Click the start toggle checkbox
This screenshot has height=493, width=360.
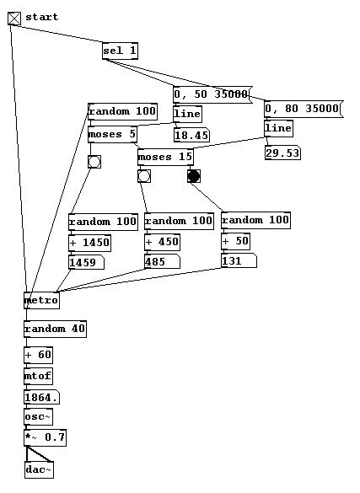[14, 19]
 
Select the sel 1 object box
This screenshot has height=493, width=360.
[120, 51]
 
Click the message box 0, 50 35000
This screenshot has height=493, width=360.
[212, 94]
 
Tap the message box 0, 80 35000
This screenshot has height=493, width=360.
[304, 109]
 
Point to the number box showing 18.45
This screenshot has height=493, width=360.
[191, 135]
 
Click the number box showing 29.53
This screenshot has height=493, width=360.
[282, 153]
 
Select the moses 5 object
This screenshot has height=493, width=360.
[113, 134]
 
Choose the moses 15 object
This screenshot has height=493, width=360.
[165, 157]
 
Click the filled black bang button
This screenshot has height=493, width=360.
[194, 176]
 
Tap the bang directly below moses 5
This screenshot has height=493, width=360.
[94, 162]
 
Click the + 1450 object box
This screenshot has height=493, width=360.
[89, 243]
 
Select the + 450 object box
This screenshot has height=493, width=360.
[162, 242]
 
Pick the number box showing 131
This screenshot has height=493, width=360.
[239, 261]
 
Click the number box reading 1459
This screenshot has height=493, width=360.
[86, 262]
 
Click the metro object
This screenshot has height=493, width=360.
[41, 300]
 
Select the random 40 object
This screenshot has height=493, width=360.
[55, 330]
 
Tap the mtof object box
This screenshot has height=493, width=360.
[38, 376]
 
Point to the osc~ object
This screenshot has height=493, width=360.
[38, 417]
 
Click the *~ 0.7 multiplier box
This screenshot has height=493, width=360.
[45, 437]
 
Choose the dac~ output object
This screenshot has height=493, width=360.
[39, 469]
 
